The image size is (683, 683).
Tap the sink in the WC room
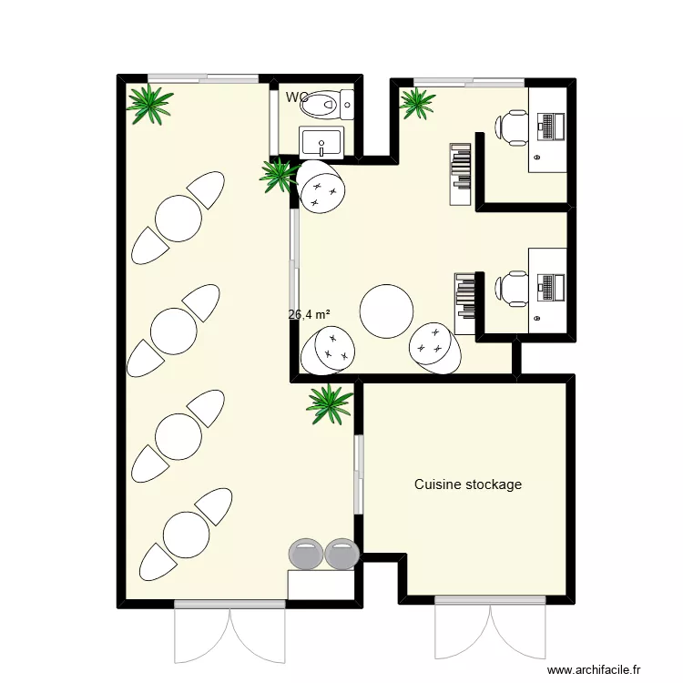tap(321, 142)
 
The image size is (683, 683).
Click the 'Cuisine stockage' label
tap(468, 484)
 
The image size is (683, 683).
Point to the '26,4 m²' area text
tap(309, 315)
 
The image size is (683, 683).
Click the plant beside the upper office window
tap(417, 103)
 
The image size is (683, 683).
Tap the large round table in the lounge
tap(388, 311)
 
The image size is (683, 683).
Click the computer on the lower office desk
tap(551, 288)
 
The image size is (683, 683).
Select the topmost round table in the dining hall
tap(178, 218)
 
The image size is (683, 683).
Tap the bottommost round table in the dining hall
tap(186, 534)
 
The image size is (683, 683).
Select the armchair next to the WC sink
tap(320, 187)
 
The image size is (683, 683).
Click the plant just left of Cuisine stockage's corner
tap(328, 403)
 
